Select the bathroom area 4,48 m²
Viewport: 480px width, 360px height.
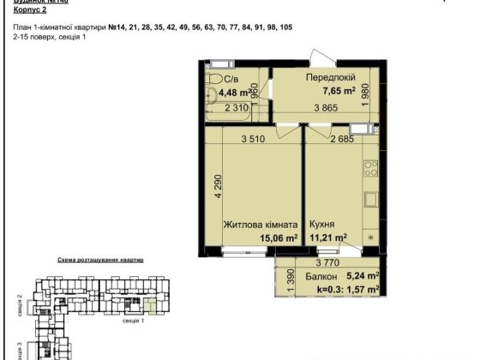click(235, 92)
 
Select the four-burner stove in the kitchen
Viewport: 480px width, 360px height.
click(370, 168)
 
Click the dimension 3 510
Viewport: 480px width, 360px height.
click(255, 139)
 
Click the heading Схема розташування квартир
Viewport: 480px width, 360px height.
click(100, 259)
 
